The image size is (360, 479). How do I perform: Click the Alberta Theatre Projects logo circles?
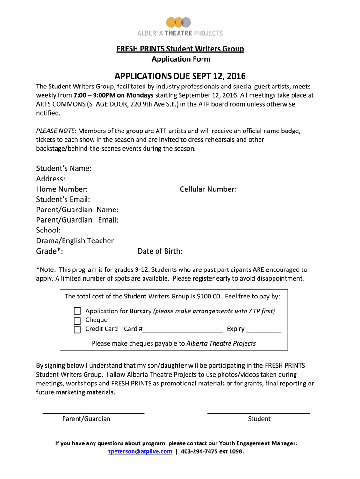coord(180,22)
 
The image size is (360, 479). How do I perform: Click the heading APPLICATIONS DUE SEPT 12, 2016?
coord(180,76)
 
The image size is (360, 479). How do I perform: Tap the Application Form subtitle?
coord(181,59)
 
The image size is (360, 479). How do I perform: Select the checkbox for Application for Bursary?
coord(78,311)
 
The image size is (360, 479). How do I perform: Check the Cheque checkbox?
coord(78,320)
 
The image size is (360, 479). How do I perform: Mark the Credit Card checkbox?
coord(78,329)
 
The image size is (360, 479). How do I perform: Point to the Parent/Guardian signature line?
coord(94,412)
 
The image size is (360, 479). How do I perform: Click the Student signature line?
coord(258,412)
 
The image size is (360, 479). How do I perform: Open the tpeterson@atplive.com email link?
coord(140,452)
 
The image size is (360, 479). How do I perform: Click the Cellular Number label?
coord(208,189)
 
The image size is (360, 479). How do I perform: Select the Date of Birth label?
coord(160,251)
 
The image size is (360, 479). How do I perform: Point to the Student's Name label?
coord(64,168)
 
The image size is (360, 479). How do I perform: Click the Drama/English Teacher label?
coord(76,240)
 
